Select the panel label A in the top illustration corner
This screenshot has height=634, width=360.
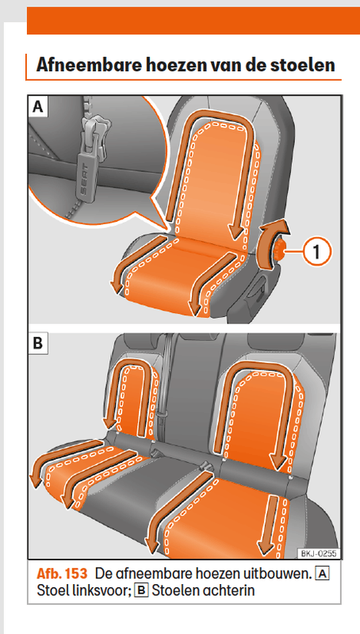[x=37, y=107]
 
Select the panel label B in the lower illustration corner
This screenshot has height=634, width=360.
[x=37, y=343]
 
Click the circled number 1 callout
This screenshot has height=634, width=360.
[x=316, y=252]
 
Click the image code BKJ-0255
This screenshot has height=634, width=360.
[x=319, y=553]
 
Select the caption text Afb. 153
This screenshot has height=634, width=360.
[x=62, y=573]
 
